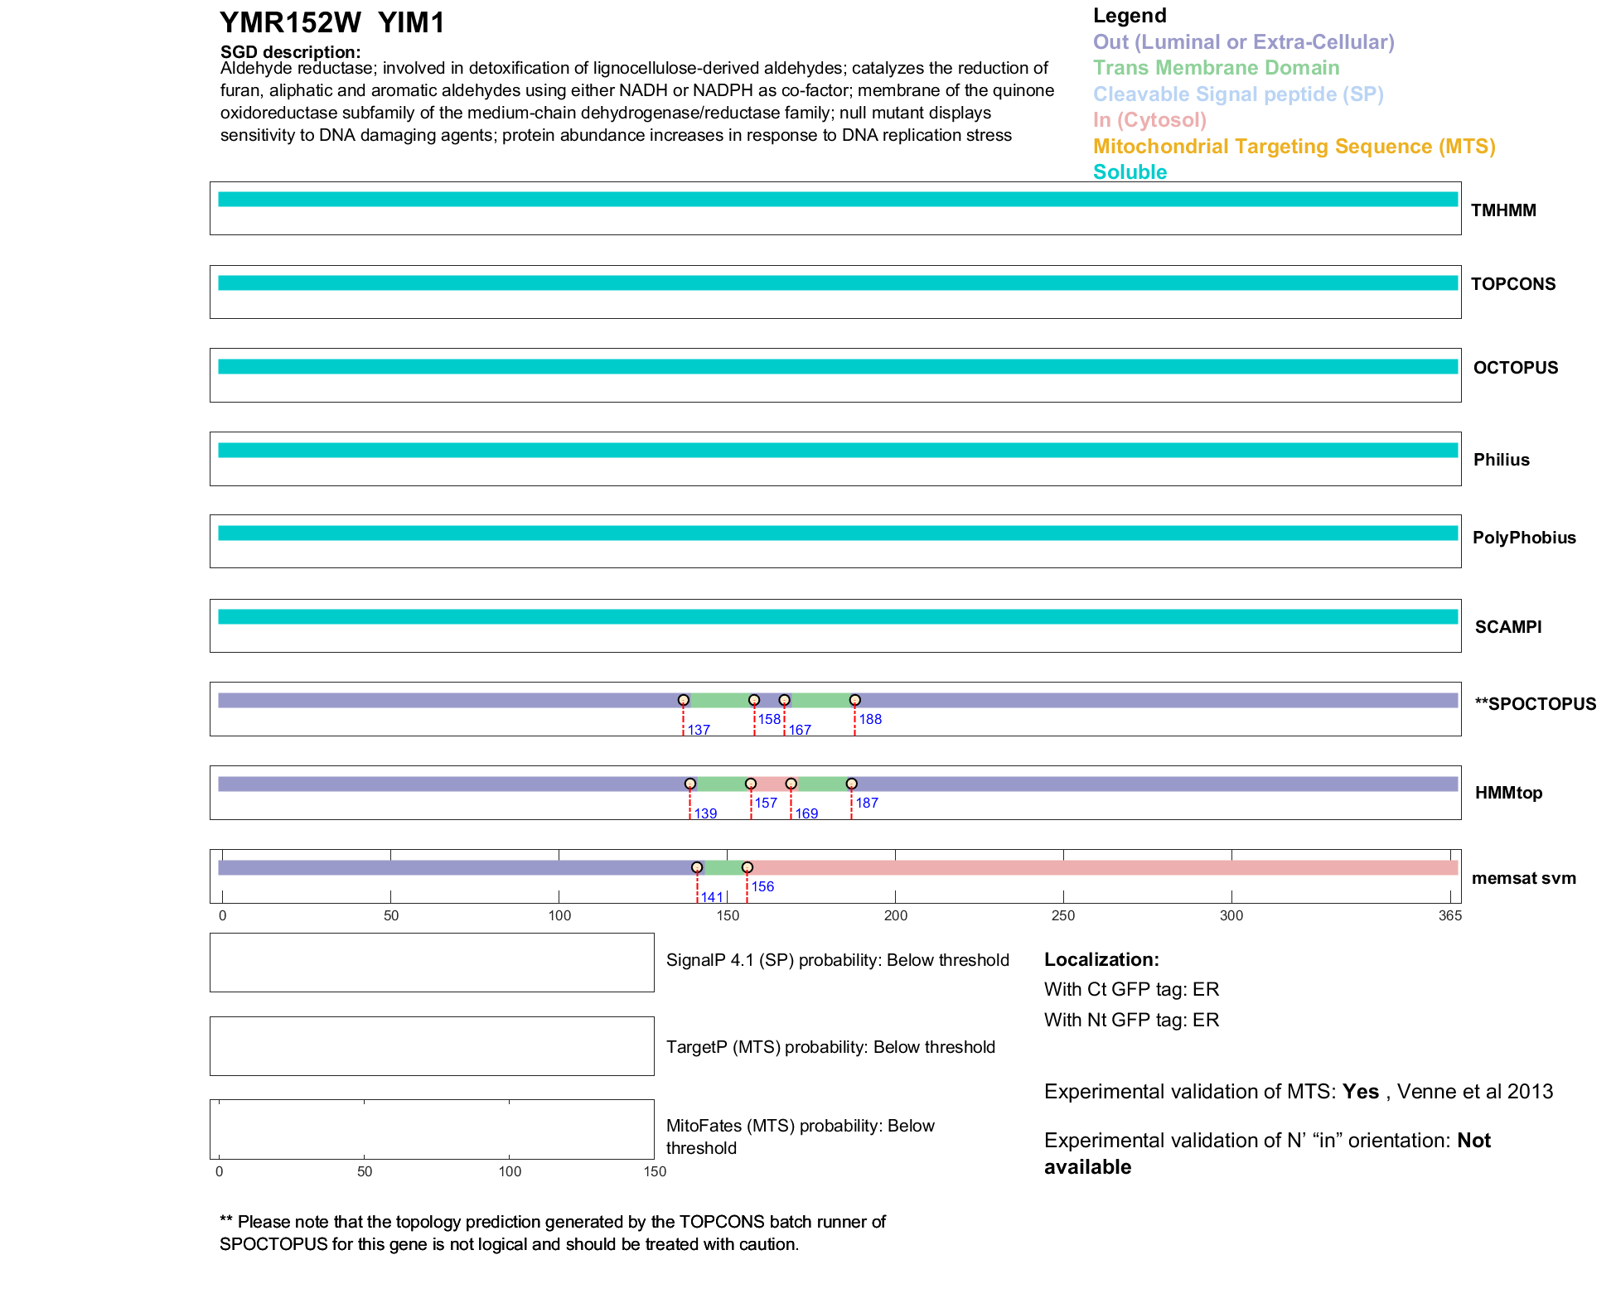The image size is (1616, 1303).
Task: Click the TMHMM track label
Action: pos(1502,210)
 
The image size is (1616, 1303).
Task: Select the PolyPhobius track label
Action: pos(1523,538)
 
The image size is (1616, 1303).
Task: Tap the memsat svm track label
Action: pos(1523,878)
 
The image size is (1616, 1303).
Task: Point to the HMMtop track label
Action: pos(1508,793)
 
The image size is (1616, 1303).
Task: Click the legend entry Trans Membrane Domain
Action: pos(1216,68)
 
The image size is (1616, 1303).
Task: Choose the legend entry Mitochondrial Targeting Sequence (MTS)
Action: pos(1294,147)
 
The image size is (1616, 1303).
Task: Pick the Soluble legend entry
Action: pos(1130,172)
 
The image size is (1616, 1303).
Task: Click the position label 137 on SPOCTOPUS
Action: pos(699,730)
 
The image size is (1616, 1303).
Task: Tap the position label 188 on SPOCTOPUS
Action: pos(870,719)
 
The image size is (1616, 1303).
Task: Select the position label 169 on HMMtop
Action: pos(806,813)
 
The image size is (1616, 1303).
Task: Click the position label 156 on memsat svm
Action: pos(762,886)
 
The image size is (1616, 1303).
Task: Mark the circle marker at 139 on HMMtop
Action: pos(690,784)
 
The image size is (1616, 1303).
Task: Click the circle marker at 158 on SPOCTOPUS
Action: pos(754,700)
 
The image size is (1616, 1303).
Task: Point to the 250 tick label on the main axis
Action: pos(1063,915)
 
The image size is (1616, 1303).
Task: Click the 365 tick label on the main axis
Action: pos(1449,915)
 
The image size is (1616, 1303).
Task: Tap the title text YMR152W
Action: pos(290,23)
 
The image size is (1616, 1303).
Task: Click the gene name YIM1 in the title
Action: pos(411,23)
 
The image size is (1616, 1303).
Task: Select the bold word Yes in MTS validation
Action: pos(1360,1092)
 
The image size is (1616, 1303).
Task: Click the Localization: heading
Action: pos(1101,959)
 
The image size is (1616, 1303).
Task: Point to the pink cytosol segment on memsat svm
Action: pos(1102,867)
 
